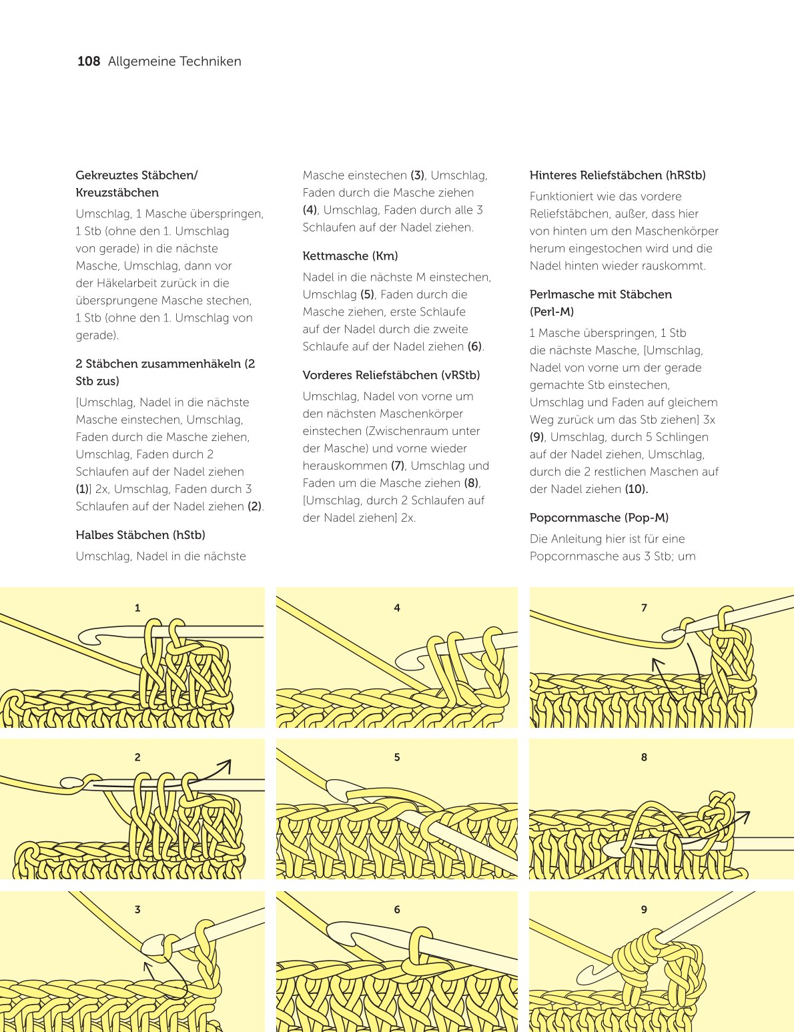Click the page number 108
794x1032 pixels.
coord(88,61)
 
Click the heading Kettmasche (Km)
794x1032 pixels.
coord(350,256)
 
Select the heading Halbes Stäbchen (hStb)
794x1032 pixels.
coord(140,535)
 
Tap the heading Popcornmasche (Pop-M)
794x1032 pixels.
coord(599,518)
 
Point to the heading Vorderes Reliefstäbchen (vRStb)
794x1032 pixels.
coord(391,375)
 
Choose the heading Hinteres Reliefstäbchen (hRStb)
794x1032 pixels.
coord(617,175)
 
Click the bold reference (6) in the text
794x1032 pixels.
coord(474,347)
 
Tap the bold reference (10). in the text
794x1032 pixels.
coord(637,489)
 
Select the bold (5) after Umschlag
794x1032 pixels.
coord(367,295)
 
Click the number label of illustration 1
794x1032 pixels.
coord(137,608)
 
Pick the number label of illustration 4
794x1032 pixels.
coord(397,608)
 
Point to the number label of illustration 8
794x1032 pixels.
coord(644,757)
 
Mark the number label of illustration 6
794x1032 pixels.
coord(397,909)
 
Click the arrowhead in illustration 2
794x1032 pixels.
coord(226,764)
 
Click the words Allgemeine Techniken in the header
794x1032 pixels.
coord(174,61)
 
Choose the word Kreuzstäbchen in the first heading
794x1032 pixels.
coord(117,193)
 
